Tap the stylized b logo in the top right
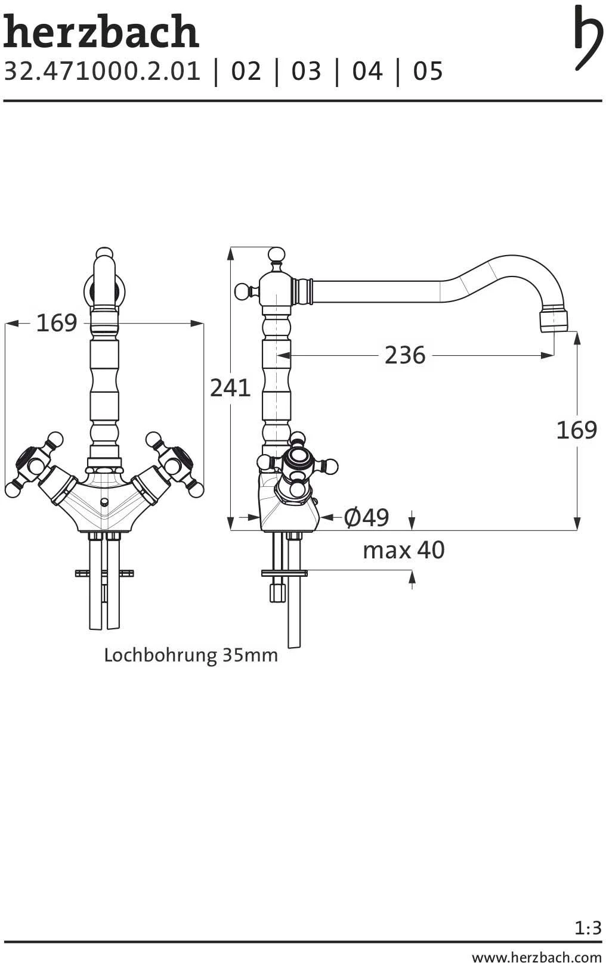[588, 37]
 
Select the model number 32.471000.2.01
[103, 72]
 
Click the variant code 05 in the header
[428, 72]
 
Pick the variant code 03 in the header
[306, 72]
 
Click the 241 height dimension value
[230, 388]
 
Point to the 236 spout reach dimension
[404, 355]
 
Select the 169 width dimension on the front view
[57, 323]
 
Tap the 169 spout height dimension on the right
[576, 430]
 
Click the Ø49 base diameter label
[366, 517]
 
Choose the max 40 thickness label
[403, 550]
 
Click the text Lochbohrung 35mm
[191, 656]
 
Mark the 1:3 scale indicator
[588, 928]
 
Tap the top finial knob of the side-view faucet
[276, 255]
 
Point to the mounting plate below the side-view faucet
[284, 573]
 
